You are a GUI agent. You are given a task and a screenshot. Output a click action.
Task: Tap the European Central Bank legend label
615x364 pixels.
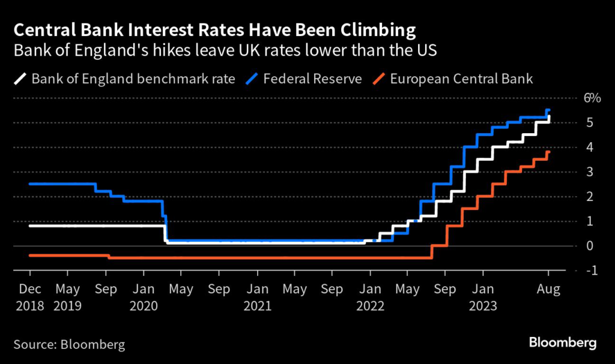point(461,79)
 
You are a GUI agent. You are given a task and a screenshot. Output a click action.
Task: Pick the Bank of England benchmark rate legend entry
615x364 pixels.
point(133,79)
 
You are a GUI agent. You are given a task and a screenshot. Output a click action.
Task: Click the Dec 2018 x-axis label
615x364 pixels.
point(30,297)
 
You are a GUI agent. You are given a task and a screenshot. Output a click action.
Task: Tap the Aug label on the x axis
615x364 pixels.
point(548,290)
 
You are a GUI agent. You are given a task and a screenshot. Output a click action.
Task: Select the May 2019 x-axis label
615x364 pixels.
point(68,297)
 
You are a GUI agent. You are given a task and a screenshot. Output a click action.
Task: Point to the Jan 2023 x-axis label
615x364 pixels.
point(483,297)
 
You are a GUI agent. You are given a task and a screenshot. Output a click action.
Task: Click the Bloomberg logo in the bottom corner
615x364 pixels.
point(563,344)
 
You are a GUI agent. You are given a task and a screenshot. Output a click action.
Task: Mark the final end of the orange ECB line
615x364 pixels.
point(549,152)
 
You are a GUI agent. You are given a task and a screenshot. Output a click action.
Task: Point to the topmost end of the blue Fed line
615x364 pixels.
point(548,110)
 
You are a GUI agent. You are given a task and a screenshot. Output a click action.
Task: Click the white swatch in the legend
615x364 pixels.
point(20,79)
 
